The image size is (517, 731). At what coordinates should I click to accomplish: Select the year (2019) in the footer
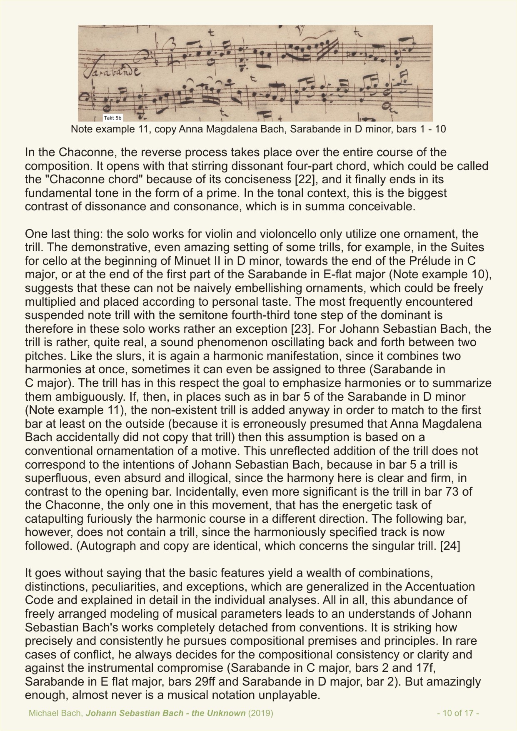[260, 713]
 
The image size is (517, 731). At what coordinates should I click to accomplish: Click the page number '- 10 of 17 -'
[458, 713]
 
